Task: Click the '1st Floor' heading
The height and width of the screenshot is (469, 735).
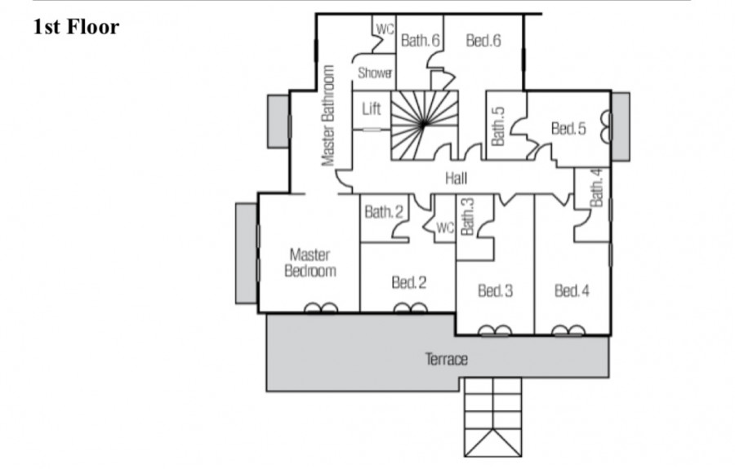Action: click(77, 28)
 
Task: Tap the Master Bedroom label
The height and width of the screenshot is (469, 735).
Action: click(310, 263)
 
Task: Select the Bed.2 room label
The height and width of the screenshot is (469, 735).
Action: click(408, 283)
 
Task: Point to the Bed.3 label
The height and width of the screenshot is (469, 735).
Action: click(495, 290)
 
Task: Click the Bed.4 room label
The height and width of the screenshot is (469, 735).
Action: click(572, 290)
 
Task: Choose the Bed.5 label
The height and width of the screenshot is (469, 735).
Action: click(568, 128)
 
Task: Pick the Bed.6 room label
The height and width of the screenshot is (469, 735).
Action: click(483, 40)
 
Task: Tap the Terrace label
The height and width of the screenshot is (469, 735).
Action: click(446, 359)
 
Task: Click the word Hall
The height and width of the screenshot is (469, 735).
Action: click(456, 179)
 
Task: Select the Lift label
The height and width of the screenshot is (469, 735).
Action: click(372, 108)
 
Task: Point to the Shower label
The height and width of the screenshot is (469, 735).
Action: click(375, 73)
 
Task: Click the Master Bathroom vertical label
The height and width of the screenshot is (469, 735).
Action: click(328, 115)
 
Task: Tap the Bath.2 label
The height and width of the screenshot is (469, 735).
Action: click(384, 212)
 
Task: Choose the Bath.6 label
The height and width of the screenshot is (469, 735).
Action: click(421, 40)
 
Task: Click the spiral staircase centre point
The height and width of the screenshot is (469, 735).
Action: click(424, 123)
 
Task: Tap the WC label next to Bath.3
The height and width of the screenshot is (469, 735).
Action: click(444, 228)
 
